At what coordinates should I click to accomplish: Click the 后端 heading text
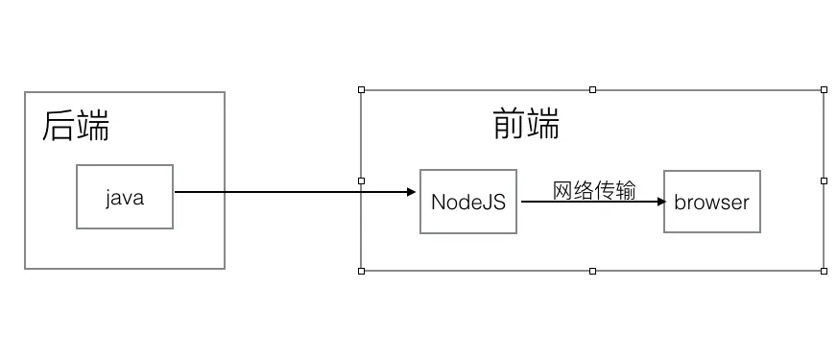tap(76, 127)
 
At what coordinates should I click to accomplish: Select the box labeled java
tap(125, 198)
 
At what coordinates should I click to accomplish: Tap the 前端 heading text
tap(526, 124)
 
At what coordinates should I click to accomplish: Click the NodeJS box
tap(467, 202)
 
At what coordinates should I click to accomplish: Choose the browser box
tap(711, 203)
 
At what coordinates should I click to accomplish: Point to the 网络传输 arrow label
tap(594, 190)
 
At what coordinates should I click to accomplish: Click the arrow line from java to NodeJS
tap(288, 192)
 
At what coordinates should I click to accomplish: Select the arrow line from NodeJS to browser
tap(586, 203)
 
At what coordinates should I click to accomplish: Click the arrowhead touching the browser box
tap(659, 203)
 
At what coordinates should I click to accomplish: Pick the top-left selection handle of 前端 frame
tap(362, 90)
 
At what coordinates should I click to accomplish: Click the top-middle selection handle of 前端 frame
tap(592, 90)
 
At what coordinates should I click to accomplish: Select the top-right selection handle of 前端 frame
tap(824, 90)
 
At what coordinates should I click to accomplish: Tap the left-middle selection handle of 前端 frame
tap(362, 180)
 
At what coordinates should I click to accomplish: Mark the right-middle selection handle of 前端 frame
tap(824, 180)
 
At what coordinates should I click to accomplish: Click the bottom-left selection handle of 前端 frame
tap(362, 271)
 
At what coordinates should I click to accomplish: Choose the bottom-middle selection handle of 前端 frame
tap(592, 271)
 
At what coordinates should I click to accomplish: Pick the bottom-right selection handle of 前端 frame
tap(824, 271)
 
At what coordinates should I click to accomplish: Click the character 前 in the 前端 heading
tap(510, 124)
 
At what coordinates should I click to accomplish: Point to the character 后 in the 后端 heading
tap(59, 127)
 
